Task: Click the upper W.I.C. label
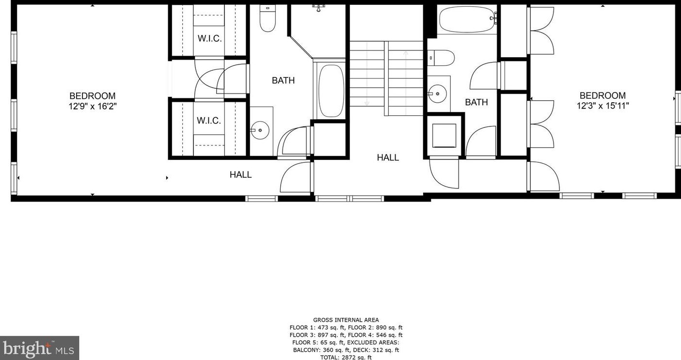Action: click(210, 39)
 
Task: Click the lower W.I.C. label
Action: click(209, 121)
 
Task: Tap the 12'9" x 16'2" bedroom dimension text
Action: click(93, 106)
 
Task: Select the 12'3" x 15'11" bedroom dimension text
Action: click(603, 106)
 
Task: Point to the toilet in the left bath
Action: click(268, 18)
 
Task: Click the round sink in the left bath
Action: click(260, 130)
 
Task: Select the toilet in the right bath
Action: click(441, 58)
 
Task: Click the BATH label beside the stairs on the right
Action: click(476, 102)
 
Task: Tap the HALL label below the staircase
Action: click(388, 157)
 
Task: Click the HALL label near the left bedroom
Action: click(240, 175)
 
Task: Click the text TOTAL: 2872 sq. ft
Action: click(346, 357)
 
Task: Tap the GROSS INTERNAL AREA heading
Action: click(346, 320)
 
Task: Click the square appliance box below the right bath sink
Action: click(444, 136)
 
